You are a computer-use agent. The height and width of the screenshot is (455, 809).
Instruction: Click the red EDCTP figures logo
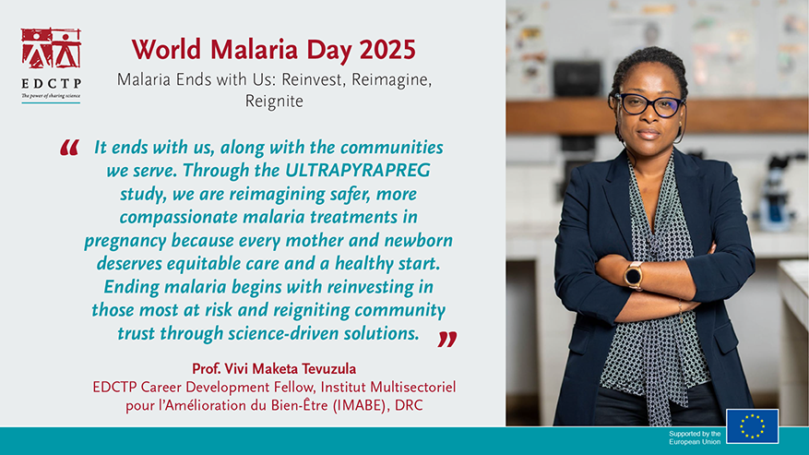click(51, 48)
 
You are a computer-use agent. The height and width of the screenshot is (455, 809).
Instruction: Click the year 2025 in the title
click(387, 50)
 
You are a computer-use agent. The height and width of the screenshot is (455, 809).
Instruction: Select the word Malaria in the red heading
click(254, 50)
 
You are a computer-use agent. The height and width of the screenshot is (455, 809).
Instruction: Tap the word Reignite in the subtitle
click(274, 102)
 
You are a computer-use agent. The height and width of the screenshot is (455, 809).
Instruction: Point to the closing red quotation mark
click(447, 340)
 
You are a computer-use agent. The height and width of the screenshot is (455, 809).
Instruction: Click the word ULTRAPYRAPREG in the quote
click(358, 171)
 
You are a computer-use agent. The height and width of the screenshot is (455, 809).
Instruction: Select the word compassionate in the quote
click(179, 218)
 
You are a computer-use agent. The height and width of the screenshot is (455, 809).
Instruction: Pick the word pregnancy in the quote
click(125, 241)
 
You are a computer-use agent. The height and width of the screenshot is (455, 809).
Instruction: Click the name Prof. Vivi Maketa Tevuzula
click(274, 369)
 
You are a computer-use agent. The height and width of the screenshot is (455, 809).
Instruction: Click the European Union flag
click(752, 426)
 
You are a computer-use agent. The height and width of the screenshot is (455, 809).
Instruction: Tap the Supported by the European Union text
click(695, 438)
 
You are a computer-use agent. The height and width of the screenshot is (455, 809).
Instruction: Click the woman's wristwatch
click(633, 275)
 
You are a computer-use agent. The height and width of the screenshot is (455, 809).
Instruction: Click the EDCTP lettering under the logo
click(51, 83)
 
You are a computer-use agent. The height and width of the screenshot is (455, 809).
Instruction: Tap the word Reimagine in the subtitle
click(369, 80)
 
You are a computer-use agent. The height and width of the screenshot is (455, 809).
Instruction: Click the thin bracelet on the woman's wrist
click(681, 310)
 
